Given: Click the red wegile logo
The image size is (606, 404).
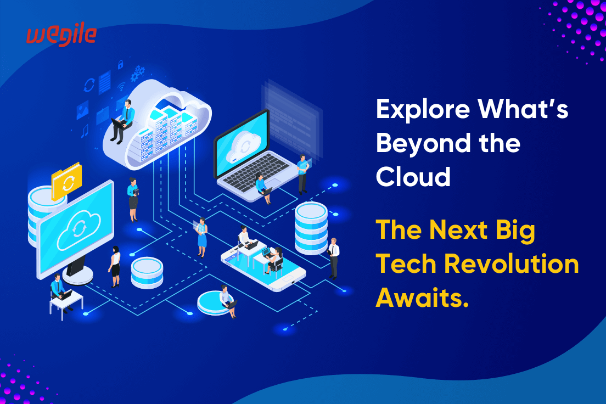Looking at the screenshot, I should pyautogui.click(x=61, y=35).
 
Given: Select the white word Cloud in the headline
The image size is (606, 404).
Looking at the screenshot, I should pyautogui.click(x=413, y=177).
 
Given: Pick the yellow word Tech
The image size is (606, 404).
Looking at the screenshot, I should pyautogui.click(x=405, y=265).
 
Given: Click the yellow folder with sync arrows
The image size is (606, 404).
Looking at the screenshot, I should pyautogui.click(x=66, y=181).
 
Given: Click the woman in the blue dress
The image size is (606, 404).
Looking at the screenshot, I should pyautogui.click(x=202, y=237).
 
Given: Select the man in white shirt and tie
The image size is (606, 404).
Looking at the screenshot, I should pyautogui.click(x=333, y=257).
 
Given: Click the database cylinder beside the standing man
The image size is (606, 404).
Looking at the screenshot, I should pyautogui.click(x=311, y=227).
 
